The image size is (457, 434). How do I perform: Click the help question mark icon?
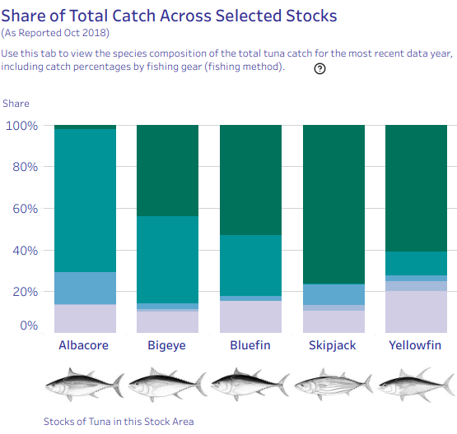[319, 69]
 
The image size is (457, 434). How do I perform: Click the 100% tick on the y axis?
[22, 126]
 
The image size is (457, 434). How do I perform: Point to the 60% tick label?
[25, 209]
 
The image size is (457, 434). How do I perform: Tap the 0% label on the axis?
[29, 325]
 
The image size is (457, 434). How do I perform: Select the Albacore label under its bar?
[84, 345]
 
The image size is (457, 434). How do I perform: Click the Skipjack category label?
[333, 345]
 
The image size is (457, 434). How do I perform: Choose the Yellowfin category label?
[415, 345]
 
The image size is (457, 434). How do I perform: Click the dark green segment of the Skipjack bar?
[333, 205]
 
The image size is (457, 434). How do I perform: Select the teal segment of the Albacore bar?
[85, 201]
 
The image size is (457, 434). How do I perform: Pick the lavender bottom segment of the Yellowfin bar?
[416, 312]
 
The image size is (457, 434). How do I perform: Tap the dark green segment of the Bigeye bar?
[168, 170]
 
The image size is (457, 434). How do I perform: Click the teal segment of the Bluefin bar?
[250, 265]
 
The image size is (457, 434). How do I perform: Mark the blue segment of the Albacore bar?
[85, 289]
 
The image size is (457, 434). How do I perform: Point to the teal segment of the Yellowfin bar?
[416, 263]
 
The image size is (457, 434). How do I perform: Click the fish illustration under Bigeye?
[168, 385]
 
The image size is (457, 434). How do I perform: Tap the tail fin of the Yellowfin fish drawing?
[448, 385]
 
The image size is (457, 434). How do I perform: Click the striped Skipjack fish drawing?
[333, 385]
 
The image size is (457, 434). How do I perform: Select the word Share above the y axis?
[16, 104]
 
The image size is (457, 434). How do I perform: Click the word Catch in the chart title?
[133, 16]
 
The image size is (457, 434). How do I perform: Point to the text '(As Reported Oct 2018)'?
[55, 33]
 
